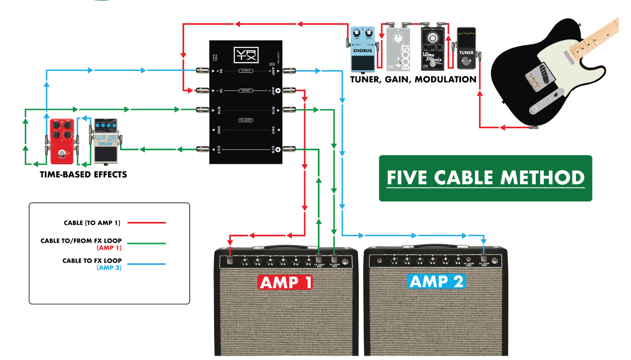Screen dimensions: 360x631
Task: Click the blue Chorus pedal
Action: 362,49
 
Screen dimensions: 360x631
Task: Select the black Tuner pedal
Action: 466,49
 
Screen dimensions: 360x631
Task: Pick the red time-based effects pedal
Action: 62,142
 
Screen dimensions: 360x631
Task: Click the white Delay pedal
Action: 106,142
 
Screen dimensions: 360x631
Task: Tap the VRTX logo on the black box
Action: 246,55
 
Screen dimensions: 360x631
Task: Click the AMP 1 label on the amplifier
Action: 285,283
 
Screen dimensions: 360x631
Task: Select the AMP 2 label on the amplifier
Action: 436,282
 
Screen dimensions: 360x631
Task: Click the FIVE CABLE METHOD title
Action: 485,178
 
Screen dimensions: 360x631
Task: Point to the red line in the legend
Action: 147,223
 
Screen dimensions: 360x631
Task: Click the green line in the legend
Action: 147,244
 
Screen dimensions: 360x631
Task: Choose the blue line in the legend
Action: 147,264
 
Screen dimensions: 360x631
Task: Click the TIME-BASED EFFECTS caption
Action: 83,174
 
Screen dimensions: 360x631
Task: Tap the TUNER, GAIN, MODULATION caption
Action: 413,80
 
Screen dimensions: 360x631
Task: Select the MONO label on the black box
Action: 246,91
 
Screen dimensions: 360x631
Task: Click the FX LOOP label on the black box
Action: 246,120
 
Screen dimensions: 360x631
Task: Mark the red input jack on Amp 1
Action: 230,259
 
